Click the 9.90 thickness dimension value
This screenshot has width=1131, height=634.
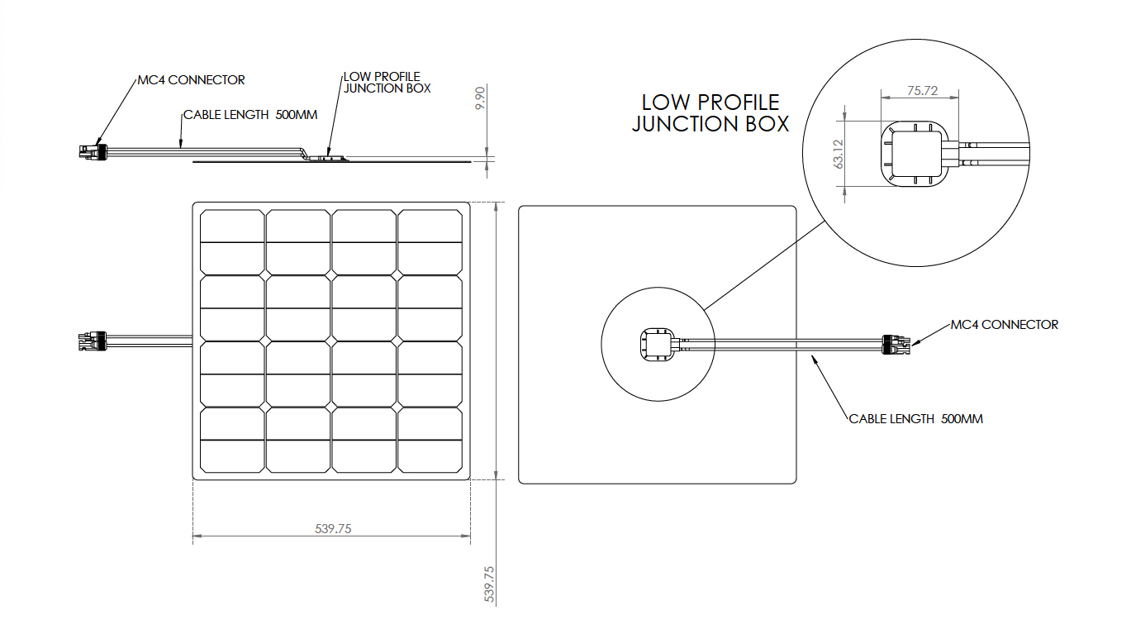(x=480, y=98)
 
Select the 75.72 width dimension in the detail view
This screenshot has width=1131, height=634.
(x=922, y=91)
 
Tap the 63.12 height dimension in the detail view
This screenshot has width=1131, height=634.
(x=839, y=154)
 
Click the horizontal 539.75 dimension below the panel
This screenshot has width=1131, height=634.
(x=333, y=528)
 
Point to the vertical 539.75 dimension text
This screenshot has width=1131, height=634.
(x=489, y=584)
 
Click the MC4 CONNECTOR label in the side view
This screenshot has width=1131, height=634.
(x=191, y=80)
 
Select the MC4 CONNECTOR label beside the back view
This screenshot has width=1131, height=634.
(x=1005, y=324)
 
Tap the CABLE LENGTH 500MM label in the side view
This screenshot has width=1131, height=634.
(x=250, y=115)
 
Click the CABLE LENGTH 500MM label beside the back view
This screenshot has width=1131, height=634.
(x=915, y=419)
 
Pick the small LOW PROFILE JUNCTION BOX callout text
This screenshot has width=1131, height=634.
(x=387, y=83)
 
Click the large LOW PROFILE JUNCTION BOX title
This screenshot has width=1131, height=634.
(x=710, y=113)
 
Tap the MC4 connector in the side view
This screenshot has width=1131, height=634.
(x=93, y=151)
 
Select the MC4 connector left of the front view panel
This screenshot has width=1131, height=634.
(x=93, y=341)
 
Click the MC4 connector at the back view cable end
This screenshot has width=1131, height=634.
(x=896, y=344)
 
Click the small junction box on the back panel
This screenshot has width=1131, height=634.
(x=657, y=345)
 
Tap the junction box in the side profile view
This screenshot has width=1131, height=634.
(x=328, y=158)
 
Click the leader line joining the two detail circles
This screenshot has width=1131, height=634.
(x=765, y=265)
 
